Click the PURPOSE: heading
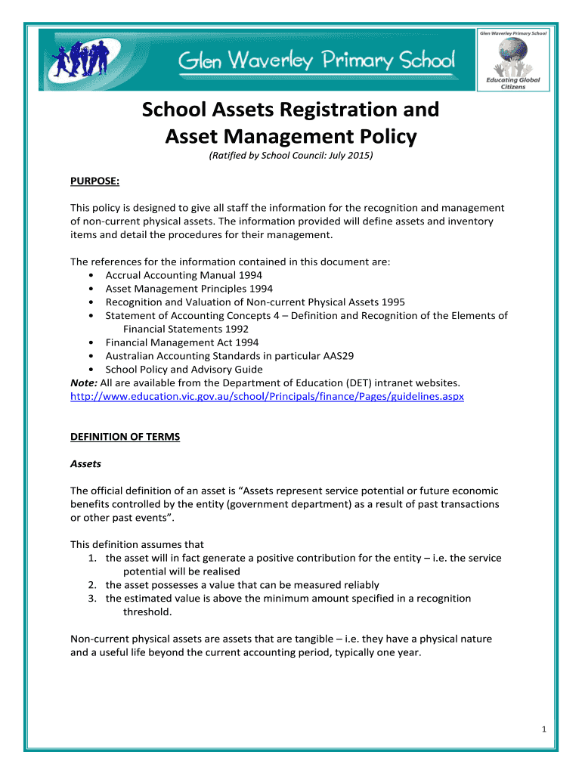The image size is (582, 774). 95,181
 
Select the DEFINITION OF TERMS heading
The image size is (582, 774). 125,437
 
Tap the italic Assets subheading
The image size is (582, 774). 85,463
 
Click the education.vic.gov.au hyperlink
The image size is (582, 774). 267,396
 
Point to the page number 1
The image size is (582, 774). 543,729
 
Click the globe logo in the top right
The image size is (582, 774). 513,57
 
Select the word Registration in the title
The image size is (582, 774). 344,110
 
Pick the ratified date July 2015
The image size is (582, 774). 349,156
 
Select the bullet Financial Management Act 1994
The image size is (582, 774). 181,342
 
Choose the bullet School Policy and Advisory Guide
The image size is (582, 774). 184,370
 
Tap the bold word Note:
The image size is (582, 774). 83,383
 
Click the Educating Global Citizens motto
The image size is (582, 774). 513,83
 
